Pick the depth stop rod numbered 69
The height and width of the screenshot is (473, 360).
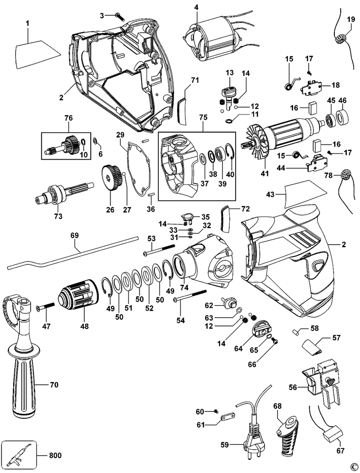pyautogui.click(x=74, y=253)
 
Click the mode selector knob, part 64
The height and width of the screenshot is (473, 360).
pyautogui.click(x=259, y=329)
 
